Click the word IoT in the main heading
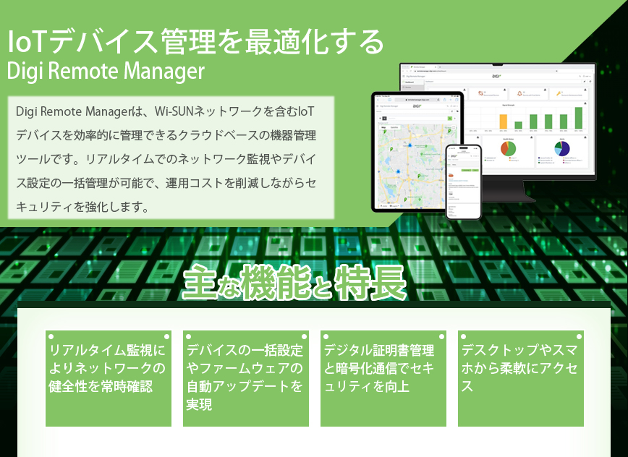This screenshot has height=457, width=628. coord(27,41)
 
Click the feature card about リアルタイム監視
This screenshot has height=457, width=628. coord(109,380)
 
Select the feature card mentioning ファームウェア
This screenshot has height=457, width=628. coord(245,380)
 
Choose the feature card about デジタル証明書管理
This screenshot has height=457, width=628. coord(383,380)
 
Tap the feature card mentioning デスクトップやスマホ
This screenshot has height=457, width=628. coord(520,380)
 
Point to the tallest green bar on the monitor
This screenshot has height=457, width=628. coord(579,118)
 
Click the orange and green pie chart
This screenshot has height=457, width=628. coord(509,148)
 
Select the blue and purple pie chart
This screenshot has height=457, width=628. coord(562,148)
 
